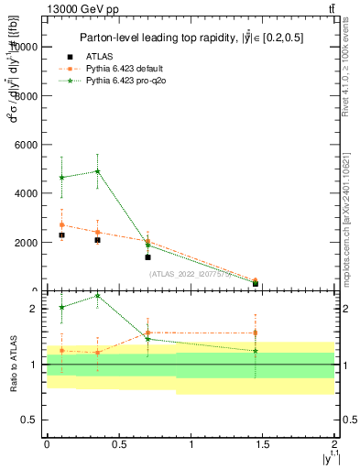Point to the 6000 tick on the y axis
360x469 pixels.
point(27,145)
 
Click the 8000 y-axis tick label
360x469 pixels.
point(27,95)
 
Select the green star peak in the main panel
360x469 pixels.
point(97,171)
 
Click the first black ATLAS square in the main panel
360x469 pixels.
point(61,235)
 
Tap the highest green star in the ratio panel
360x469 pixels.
point(97,296)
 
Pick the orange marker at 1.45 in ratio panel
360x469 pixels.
point(256,333)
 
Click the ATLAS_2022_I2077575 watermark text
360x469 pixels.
point(190,274)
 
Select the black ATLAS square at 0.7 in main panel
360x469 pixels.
point(147,257)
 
